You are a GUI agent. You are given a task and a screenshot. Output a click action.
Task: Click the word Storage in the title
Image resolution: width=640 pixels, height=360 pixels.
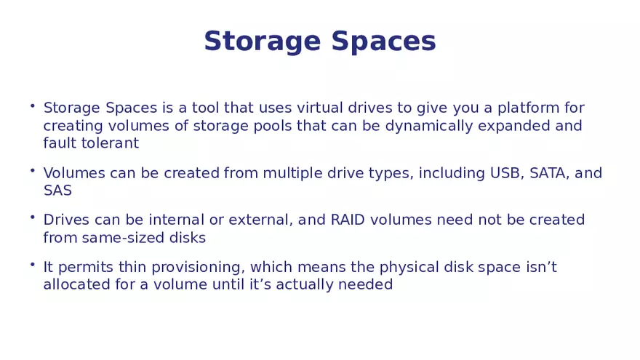[x=263, y=41]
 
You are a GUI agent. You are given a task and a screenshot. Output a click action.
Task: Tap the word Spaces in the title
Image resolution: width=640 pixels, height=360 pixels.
[x=383, y=41]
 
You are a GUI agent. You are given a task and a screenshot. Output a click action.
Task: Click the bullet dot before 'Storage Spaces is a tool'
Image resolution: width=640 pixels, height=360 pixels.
[x=33, y=106]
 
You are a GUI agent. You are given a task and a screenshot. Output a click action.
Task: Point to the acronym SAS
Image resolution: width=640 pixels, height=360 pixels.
[x=57, y=191]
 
